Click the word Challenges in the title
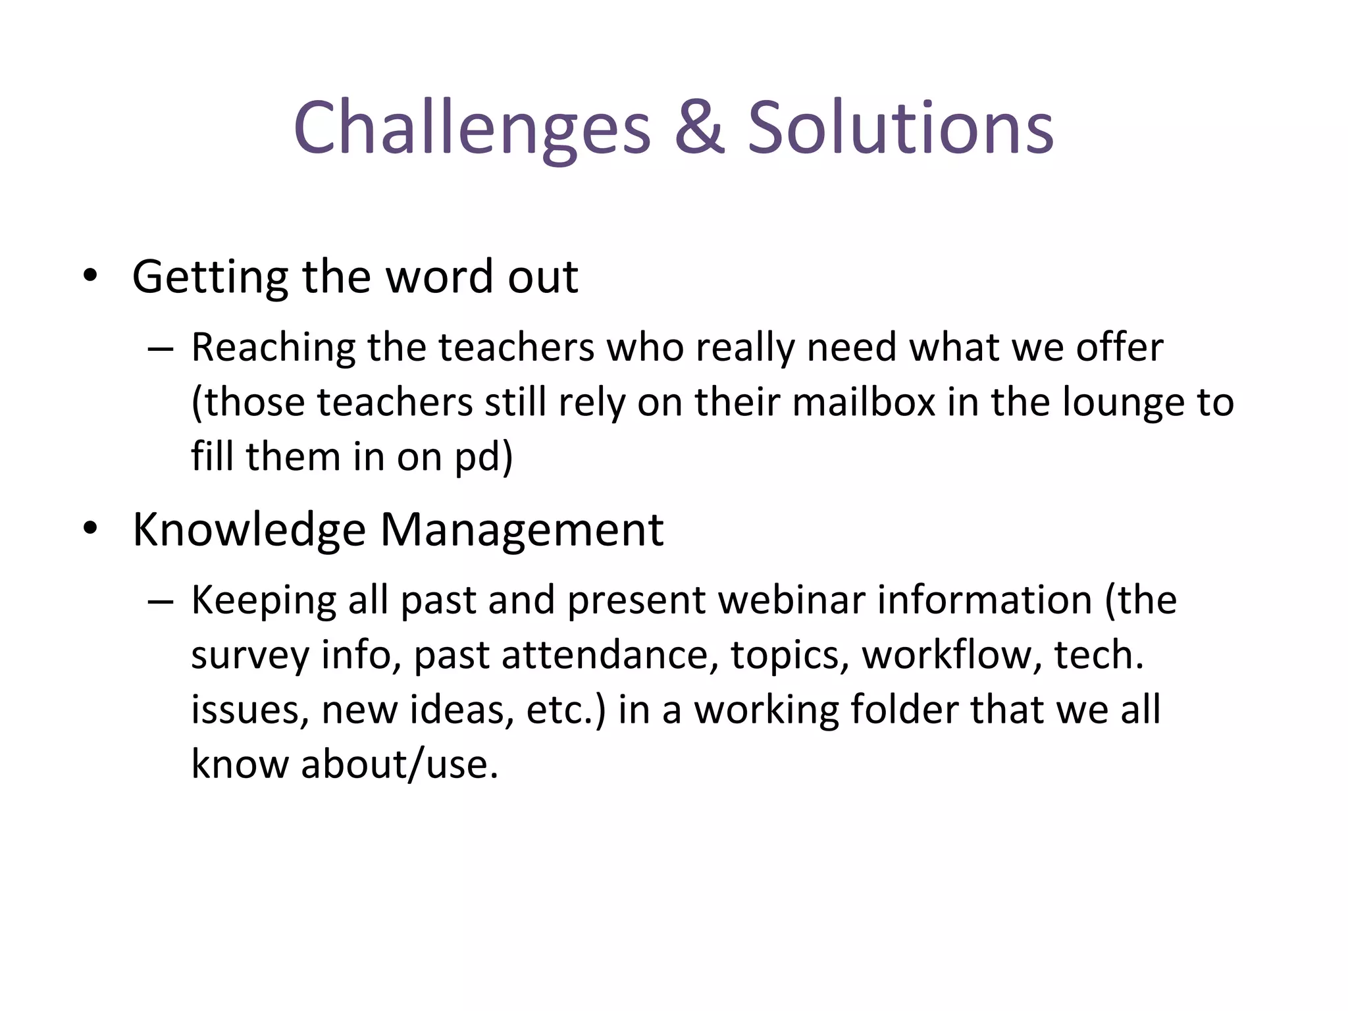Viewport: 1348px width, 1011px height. click(472, 128)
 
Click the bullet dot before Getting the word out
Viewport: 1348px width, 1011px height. click(90, 276)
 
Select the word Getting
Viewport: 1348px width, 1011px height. click(210, 277)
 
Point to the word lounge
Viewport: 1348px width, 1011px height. click(1118, 403)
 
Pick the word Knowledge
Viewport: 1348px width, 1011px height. click(249, 530)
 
